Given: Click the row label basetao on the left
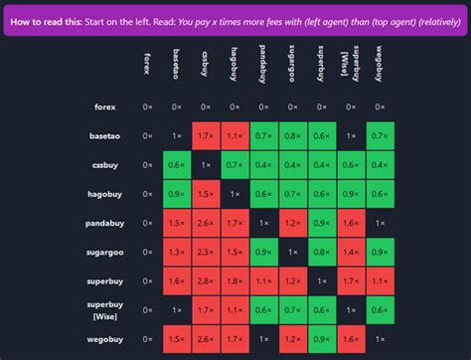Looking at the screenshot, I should (103, 135).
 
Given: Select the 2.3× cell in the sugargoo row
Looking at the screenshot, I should (206, 252).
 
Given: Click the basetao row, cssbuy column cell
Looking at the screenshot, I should (206, 135).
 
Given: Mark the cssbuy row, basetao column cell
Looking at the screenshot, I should (177, 164).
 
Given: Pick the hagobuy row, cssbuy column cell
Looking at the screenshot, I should (206, 193).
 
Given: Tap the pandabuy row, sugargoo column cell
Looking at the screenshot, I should (292, 223).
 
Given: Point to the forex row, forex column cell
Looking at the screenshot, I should (148, 106).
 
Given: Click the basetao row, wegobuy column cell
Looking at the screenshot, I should (379, 135).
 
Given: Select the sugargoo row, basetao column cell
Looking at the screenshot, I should (177, 252).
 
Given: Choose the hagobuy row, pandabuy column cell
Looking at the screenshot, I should (263, 193).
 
